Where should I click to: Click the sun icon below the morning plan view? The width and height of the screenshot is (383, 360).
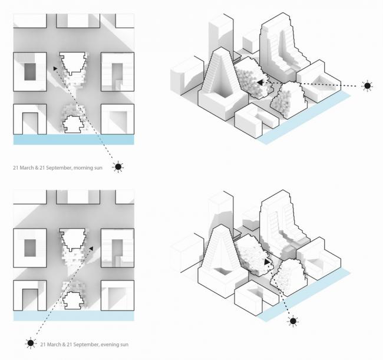tap(118, 167)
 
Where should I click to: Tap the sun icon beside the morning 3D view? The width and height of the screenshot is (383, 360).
tap(367, 86)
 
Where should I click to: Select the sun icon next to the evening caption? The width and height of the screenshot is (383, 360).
tap(29, 342)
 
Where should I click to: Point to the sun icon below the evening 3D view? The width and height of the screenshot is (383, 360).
tap(293, 321)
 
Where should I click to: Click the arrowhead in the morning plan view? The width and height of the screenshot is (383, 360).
tap(55, 68)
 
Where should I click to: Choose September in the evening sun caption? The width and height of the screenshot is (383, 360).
tap(74, 343)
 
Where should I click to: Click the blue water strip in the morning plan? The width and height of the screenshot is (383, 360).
tap(73, 140)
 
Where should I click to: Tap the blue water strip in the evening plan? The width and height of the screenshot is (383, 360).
tap(73, 316)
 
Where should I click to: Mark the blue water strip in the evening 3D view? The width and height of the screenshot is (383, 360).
tap(306, 293)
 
